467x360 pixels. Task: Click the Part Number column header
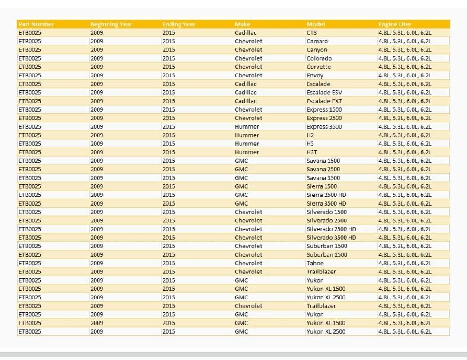coord(36,24)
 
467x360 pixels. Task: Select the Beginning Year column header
coord(111,24)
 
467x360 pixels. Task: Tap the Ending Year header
coord(179,24)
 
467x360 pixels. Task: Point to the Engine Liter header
coord(395,24)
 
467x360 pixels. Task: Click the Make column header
coord(242,24)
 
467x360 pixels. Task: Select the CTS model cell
coord(312,33)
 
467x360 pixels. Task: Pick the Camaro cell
coord(317,42)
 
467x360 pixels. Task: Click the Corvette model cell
coord(319,67)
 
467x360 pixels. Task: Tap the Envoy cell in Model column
coord(315,76)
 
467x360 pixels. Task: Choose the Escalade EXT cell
coord(324,101)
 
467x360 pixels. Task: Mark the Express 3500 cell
coord(324,127)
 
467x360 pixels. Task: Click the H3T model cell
coord(312,152)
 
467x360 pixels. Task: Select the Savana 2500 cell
coord(323,169)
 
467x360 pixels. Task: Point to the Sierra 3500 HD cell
coord(326,203)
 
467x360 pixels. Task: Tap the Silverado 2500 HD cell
coord(331,229)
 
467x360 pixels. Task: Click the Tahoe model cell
coord(315,263)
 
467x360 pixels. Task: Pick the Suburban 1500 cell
coord(327,246)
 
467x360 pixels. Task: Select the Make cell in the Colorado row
coord(248,58)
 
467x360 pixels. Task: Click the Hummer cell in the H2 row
coord(247,135)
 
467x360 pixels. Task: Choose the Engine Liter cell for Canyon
coord(405,50)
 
